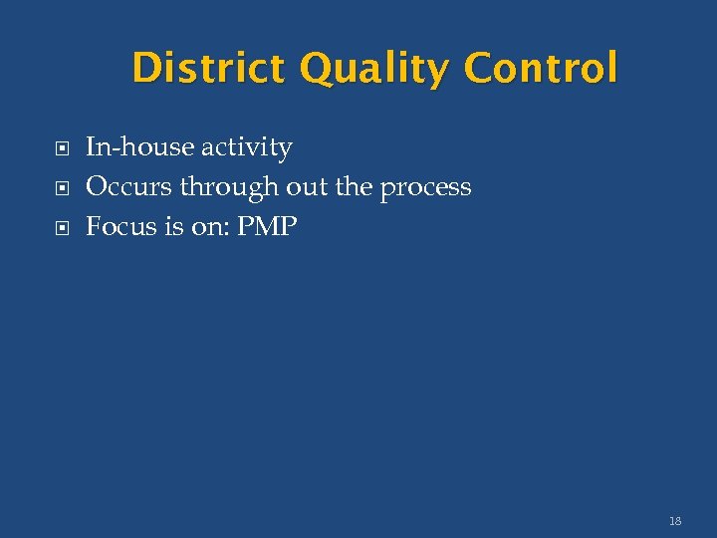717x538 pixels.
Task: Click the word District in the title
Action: pyautogui.click(x=208, y=69)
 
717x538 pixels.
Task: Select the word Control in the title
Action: pyautogui.click(x=540, y=69)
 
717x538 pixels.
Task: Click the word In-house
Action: pyautogui.click(x=140, y=147)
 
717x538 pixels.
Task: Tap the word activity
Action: pyautogui.click(x=247, y=148)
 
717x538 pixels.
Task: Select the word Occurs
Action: pyautogui.click(x=129, y=187)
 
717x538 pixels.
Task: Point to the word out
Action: pyautogui.click(x=306, y=187)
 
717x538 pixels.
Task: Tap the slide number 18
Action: pyautogui.click(x=675, y=520)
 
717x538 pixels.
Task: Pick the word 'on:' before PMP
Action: pyautogui.click(x=208, y=227)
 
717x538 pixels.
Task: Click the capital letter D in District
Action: pyautogui.click(x=145, y=69)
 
